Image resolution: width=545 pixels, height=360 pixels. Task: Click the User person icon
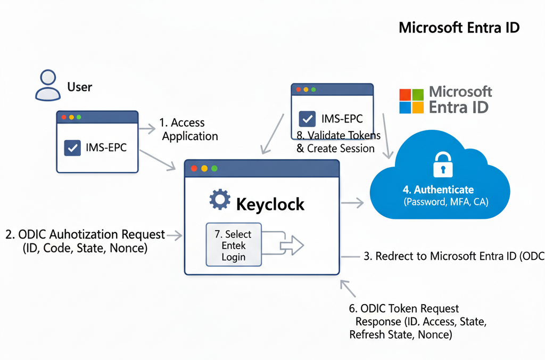click(48, 85)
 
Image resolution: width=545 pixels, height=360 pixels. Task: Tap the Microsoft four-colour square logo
click(411, 101)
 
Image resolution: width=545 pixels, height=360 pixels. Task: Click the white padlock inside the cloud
click(443, 165)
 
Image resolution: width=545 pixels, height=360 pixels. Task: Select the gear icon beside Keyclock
click(220, 200)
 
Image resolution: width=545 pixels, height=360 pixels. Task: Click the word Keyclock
click(270, 204)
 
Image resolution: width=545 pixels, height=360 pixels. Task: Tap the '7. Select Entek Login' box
click(234, 245)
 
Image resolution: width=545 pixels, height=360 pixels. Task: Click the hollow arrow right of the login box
click(292, 245)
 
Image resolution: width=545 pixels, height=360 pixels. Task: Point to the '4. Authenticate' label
click(438, 190)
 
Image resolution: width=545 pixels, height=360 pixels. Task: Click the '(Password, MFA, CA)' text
click(446, 202)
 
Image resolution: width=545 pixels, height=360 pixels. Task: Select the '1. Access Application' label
click(189, 129)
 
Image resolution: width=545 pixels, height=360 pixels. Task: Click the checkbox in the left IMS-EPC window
click(72, 148)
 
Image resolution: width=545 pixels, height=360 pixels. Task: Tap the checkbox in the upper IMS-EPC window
click(307, 119)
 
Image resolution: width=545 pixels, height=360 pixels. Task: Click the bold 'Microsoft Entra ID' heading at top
click(459, 28)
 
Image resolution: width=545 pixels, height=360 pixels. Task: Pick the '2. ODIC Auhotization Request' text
click(85, 234)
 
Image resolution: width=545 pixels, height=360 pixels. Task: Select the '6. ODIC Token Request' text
click(404, 308)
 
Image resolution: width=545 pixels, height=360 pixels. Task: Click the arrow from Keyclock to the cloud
click(352, 203)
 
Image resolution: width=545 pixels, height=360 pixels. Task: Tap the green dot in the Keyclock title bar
click(214, 168)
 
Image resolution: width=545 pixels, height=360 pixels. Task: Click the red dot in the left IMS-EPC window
click(64, 117)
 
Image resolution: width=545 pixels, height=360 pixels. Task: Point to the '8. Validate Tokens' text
click(338, 135)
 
